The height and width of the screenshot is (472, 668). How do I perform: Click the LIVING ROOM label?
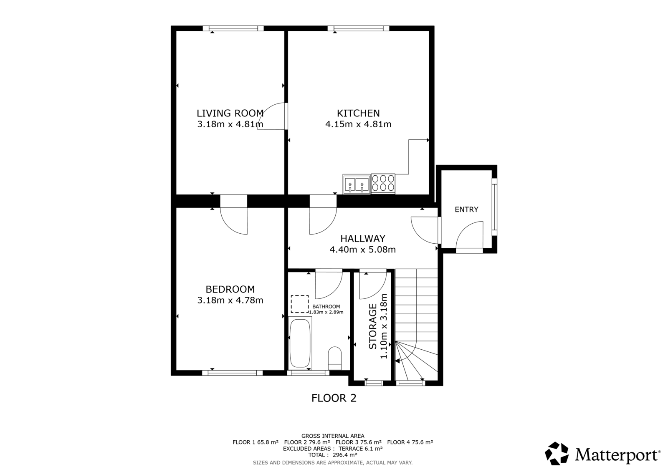(x=230, y=113)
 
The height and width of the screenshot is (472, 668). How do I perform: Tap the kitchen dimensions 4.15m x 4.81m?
(x=358, y=124)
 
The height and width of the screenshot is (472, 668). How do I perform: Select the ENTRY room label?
(x=466, y=209)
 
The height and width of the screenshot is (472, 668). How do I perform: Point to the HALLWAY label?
(x=363, y=239)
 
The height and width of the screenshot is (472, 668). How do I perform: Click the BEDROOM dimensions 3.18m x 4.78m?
(x=230, y=300)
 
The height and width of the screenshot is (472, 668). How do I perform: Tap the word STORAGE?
(x=373, y=326)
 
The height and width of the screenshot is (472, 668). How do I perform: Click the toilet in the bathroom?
(x=334, y=358)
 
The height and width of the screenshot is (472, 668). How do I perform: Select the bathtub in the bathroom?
(x=300, y=343)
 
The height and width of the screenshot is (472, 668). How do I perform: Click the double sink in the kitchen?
(x=357, y=184)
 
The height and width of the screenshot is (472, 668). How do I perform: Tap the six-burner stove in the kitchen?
(x=383, y=184)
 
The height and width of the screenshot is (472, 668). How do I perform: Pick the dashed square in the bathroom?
(x=300, y=304)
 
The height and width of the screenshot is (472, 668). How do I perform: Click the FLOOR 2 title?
(x=334, y=398)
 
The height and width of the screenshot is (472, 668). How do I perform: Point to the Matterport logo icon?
(x=557, y=453)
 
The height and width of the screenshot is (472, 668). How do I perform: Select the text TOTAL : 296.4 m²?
(x=333, y=455)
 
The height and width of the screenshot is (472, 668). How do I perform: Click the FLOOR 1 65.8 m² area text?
(x=256, y=442)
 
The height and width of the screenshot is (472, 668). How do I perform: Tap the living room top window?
(x=233, y=28)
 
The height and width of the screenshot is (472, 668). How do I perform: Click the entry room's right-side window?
(x=494, y=207)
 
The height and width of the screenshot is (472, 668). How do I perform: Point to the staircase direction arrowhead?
(x=397, y=361)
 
